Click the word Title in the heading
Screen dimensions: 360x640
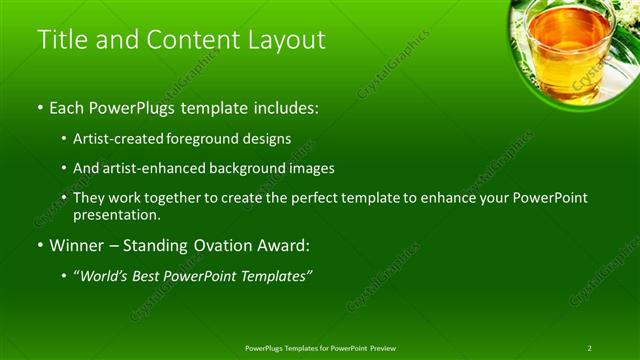coord(62,40)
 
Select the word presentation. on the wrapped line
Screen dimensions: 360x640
coord(116,214)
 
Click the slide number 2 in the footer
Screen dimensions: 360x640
coord(589,347)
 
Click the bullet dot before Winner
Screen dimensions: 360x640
coord(40,245)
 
